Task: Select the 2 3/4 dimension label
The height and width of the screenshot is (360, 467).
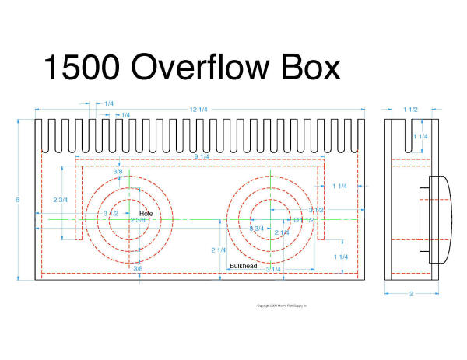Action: (x=60, y=200)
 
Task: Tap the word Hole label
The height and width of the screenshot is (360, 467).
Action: (x=146, y=212)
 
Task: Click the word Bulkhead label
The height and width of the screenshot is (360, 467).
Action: (x=243, y=267)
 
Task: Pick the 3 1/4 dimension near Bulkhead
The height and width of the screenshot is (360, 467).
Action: (x=272, y=269)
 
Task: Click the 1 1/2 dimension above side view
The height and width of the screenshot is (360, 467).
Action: (x=411, y=109)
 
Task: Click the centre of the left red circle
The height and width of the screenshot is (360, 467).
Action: (x=131, y=220)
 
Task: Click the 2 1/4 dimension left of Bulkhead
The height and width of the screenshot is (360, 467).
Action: (x=219, y=250)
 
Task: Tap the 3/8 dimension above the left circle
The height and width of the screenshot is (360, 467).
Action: (x=118, y=171)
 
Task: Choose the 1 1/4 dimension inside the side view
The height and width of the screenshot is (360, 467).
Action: (x=420, y=137)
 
